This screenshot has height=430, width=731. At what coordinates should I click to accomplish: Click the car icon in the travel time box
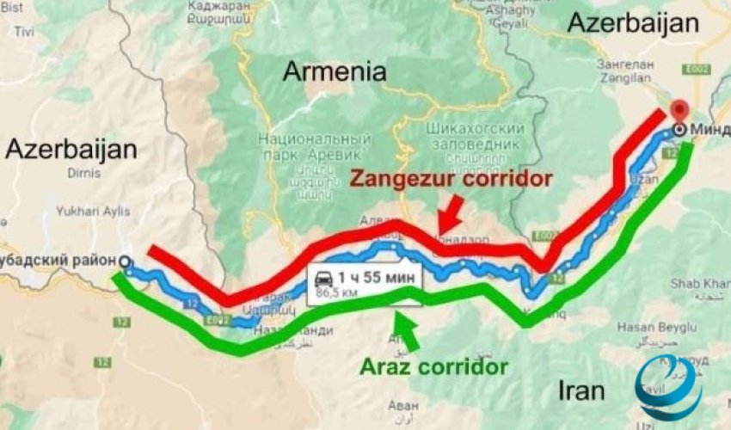click(x=325, y=277)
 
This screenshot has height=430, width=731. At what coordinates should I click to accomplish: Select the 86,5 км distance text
click(x=338, y=293)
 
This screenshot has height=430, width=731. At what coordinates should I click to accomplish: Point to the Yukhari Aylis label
click(x=93, y=211)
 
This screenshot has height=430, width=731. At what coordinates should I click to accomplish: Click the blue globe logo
click(x=667, y=386)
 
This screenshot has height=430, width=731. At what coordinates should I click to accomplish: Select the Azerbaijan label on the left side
click(x=71, y=150)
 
